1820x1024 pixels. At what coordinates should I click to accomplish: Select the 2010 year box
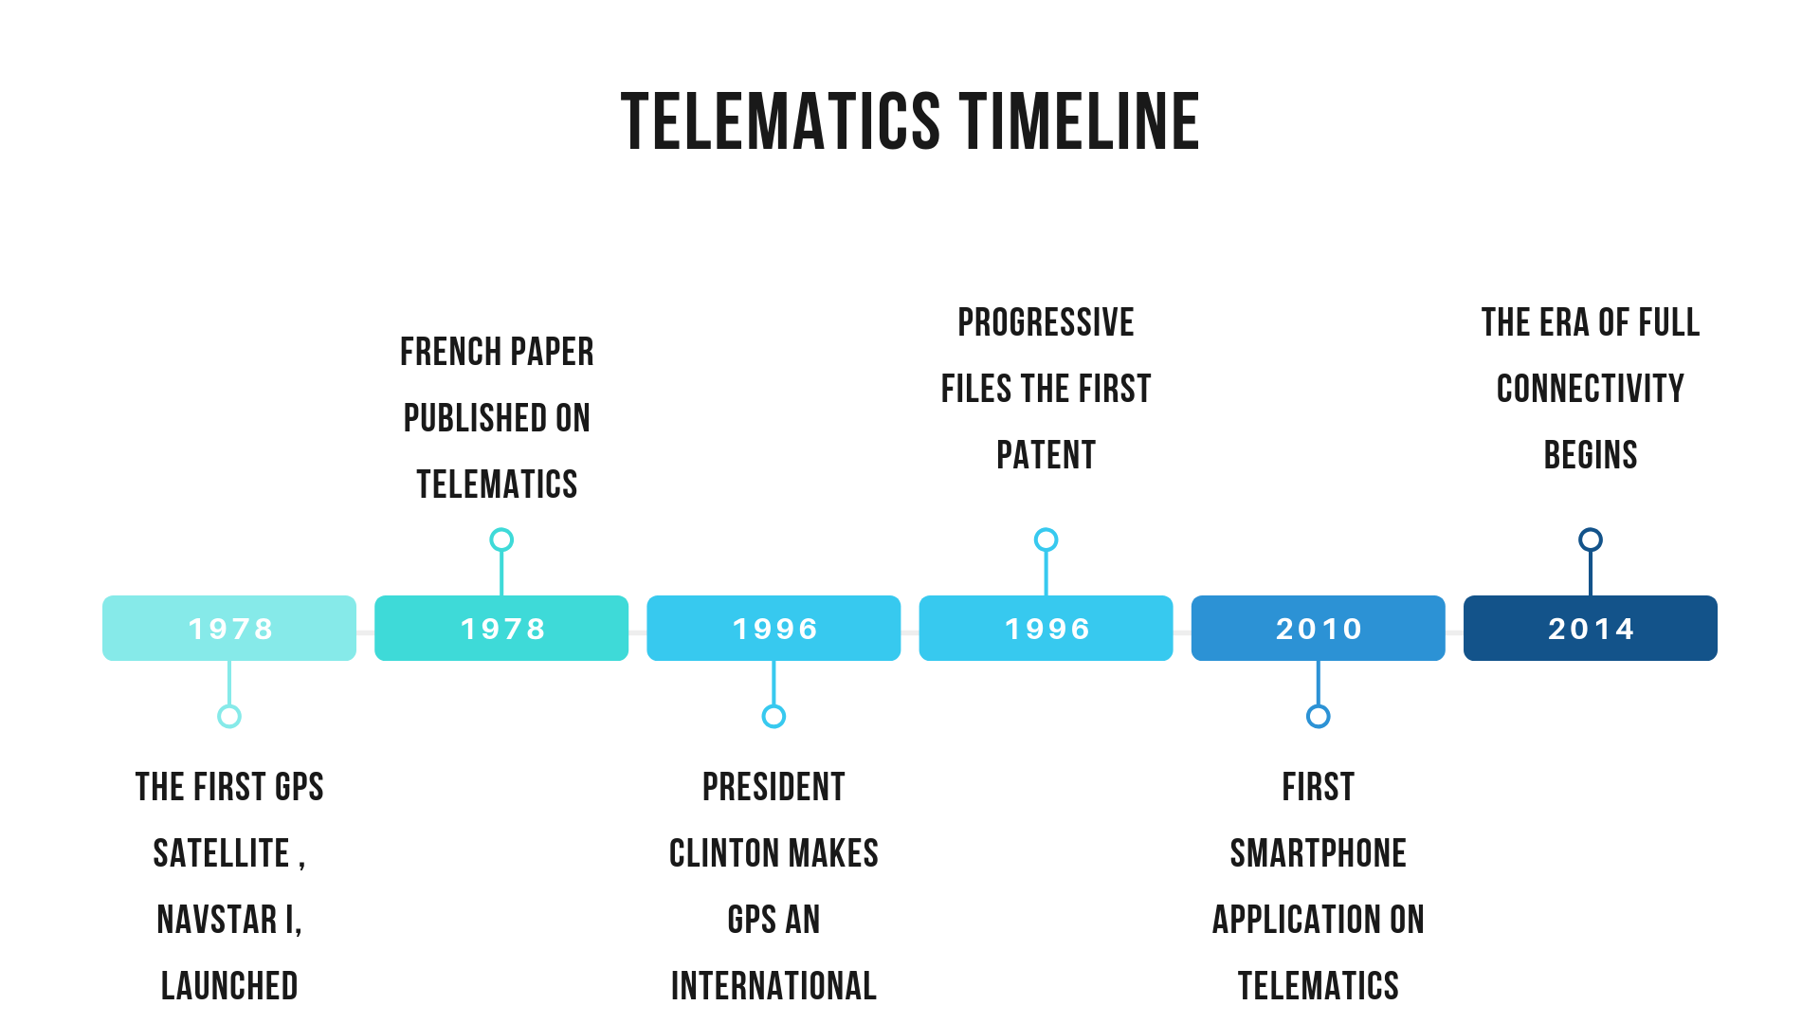pos(1318,628)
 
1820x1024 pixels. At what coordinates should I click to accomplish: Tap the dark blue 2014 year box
pos(1590,628)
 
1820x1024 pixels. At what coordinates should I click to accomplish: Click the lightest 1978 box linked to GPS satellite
pos(229,628)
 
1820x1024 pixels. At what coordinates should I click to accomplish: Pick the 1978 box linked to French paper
pos(501,628)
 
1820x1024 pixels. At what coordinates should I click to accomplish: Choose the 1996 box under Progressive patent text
pos(1046,628)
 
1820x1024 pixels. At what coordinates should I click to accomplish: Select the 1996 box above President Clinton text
pos(773,628)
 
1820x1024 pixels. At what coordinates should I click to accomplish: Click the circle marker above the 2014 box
pos(1590,539)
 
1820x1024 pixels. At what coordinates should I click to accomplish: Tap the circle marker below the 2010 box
pos(1318,716)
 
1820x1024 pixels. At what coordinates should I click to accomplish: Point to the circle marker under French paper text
pos(501,539)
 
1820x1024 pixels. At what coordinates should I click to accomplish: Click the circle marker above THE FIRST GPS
pos(229,716)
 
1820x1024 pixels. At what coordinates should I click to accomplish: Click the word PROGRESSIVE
pos(1046,322)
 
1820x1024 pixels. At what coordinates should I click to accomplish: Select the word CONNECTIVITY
pos(1590,389)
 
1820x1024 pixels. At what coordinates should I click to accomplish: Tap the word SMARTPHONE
pos(1318,853)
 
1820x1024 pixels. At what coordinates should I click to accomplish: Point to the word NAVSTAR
pos(217,920)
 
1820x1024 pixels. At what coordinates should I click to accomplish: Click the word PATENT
pos(1046,455)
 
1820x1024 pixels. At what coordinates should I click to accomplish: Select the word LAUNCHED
pos(229,986)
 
